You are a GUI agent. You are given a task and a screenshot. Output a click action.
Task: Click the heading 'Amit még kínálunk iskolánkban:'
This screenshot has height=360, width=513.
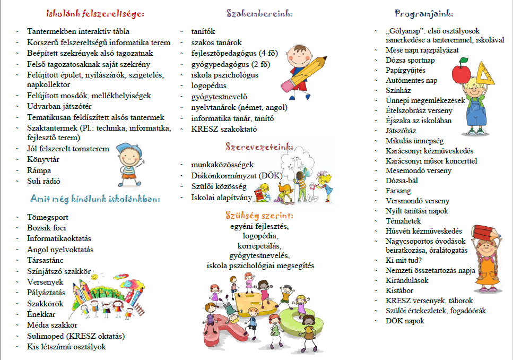pyautogui.click(x=95, y=199)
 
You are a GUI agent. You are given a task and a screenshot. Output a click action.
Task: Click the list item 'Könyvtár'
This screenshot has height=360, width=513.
pyautogui.click(x=44, y=160)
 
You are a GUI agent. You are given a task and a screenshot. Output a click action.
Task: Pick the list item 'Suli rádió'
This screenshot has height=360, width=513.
pyautogui.click(x=46, y=181)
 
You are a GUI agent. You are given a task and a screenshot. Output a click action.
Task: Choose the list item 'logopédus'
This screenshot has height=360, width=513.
pyautogui.click(x=209, y=85)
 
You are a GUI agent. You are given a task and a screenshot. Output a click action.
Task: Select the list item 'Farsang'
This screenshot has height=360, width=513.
pyautogui.click(x=398, y=191)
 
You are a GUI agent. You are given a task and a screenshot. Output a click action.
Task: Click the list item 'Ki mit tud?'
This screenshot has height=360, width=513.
pyautogui.click(x=405, y=260)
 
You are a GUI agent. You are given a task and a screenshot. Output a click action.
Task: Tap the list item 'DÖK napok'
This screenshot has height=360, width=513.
pyautogui.click(x=405, y=321)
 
